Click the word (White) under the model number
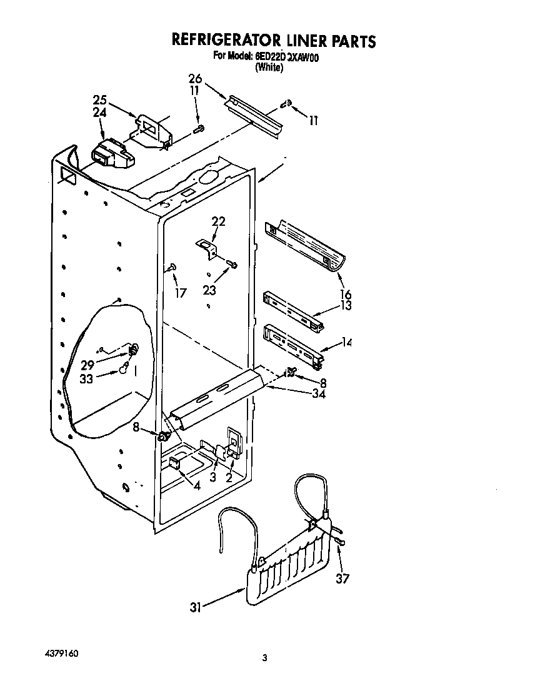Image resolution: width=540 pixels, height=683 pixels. click(269, 68)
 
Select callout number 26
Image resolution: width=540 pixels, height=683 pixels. click(195, 78)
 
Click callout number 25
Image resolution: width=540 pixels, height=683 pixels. click(100, 101)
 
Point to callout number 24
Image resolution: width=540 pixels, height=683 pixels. click(100, 113)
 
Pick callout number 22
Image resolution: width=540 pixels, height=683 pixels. click(218, 221)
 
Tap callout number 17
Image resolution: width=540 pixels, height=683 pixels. click(180, 292)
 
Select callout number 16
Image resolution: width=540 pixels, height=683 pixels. click(345, 295)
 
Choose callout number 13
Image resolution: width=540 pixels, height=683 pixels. click(345, 306)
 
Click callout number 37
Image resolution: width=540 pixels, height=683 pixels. click(342, 579)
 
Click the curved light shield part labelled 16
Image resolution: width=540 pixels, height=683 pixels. click(306, 246)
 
